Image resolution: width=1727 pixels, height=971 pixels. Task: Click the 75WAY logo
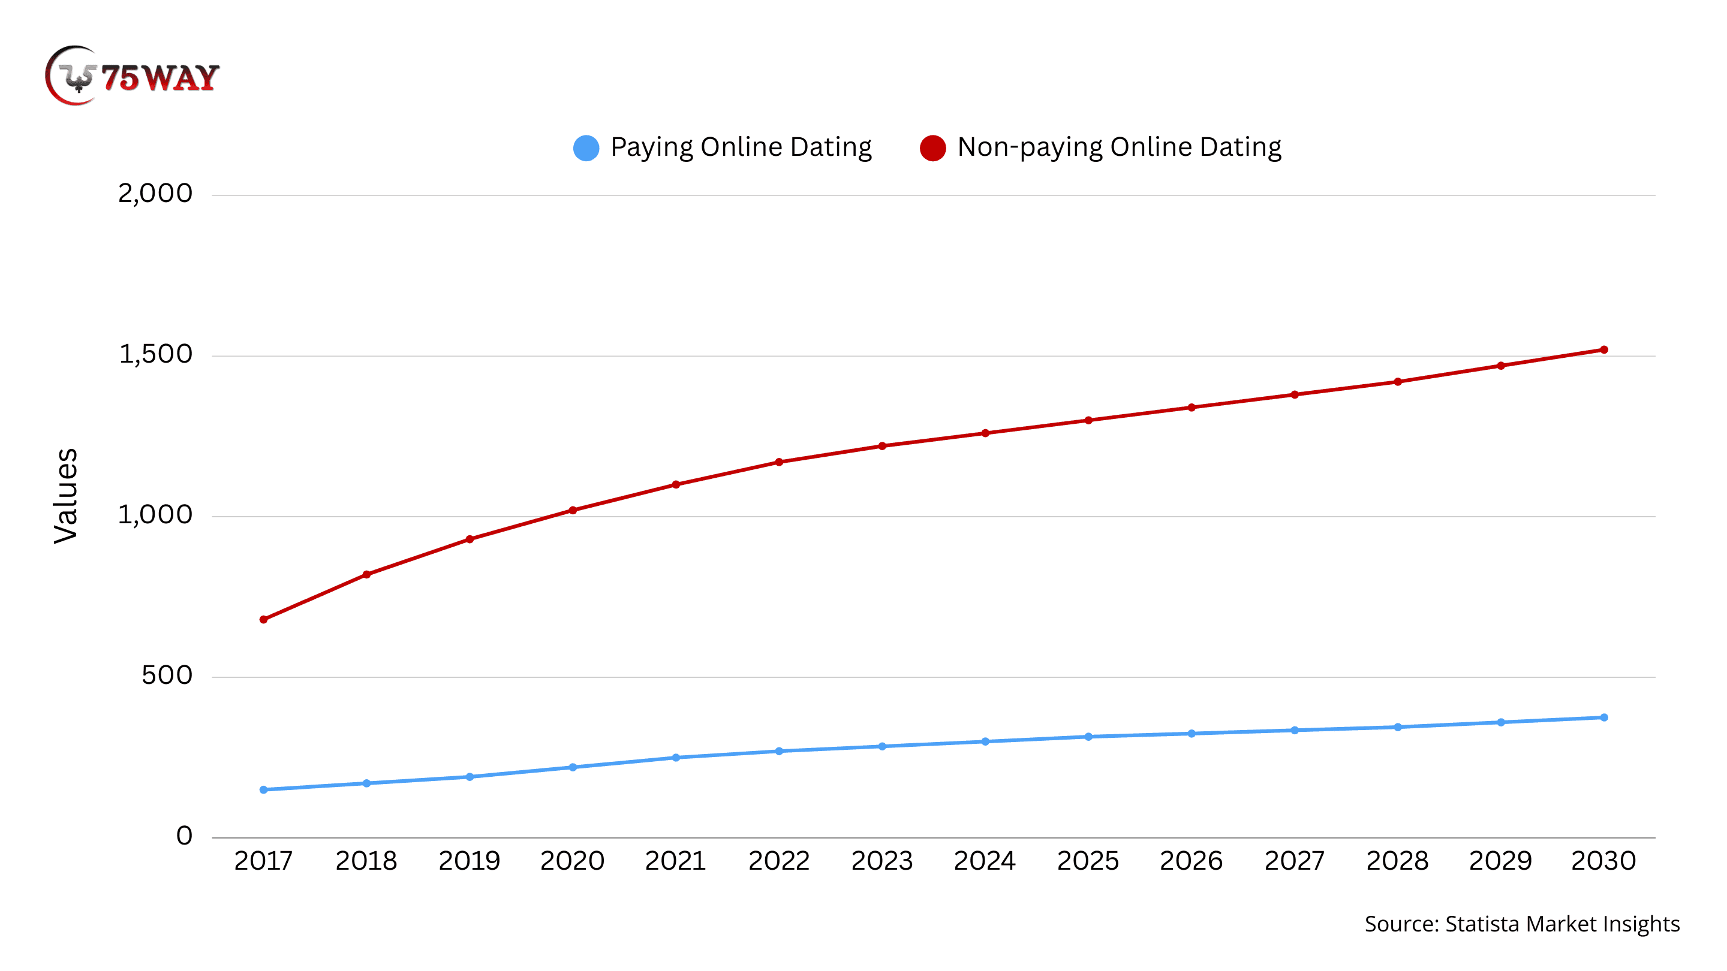[132, 76]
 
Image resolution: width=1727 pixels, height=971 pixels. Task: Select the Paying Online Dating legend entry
[723, 147]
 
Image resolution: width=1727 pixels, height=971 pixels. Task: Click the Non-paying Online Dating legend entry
[1101, 147]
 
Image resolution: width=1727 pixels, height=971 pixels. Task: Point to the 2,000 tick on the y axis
[155, 194]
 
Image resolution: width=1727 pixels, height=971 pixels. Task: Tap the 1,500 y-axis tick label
[155, 354]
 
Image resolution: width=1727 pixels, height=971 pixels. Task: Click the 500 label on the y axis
[166, 676]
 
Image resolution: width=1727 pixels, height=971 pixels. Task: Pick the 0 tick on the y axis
[183, 836]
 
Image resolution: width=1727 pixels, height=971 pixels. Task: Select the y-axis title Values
[66, 495]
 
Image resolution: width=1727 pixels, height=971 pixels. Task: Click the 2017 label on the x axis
[263, 861]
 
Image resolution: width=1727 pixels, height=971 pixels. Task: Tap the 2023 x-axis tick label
[881, 861]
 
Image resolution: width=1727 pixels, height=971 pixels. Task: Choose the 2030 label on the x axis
[1603, 861]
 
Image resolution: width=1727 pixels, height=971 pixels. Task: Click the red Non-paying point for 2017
[263, 619]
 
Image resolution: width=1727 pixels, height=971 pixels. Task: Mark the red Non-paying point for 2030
[1603, 350]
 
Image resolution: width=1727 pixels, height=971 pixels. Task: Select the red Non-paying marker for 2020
[573, 510]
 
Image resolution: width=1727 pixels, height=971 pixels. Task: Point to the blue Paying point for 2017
[263, 789]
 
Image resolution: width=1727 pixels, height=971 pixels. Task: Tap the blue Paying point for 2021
[676, 757]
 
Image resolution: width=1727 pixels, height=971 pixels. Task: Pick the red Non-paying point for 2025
[1088, 420]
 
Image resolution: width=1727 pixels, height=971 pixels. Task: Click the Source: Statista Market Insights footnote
[1522, 924]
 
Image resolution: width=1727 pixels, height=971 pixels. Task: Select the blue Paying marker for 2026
[1192, 734]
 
